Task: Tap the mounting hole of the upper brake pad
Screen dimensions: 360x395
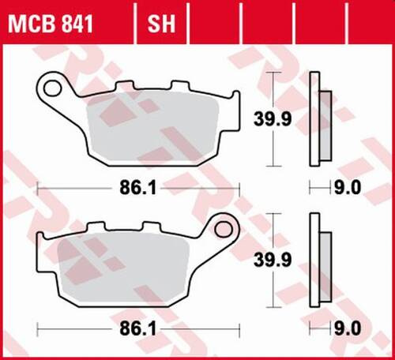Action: point(53,84)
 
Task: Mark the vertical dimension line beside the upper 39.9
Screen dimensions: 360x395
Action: point(273,91)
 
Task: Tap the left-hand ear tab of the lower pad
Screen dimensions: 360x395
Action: point(42,237)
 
